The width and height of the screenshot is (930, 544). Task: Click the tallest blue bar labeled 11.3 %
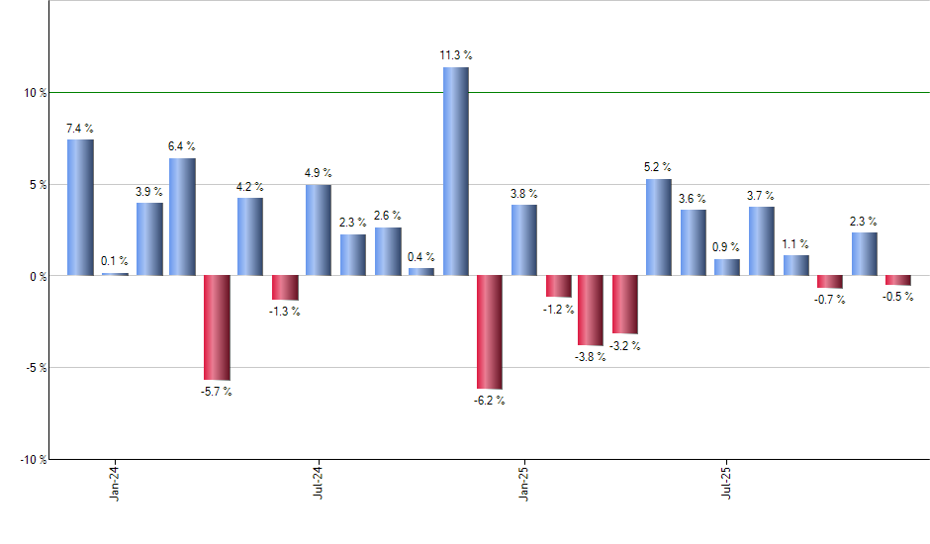(455, 171)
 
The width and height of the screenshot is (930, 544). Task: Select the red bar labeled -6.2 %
(490, 332)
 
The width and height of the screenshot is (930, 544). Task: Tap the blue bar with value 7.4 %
(80, 207)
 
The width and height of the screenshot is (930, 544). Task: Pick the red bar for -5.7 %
(217, 327)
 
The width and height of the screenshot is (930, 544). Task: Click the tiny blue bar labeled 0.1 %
(115, 274)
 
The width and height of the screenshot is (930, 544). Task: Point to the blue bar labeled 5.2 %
(658, 227)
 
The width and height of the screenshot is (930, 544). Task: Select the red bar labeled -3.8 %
(591, 311)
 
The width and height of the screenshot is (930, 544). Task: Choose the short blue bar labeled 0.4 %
(420, 271)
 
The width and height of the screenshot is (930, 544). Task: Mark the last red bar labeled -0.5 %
(897, 280)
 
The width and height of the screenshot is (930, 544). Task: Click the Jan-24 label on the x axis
(115, 481)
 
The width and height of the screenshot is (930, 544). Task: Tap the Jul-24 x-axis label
(318, 481)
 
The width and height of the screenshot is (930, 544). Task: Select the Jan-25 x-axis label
(522, 481)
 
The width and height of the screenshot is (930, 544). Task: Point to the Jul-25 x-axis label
(727, 481)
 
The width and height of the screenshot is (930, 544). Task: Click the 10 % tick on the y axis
(36, 93)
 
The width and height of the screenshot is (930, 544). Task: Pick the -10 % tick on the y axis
(34, 460)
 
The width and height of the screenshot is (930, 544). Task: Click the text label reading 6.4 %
(182, 146)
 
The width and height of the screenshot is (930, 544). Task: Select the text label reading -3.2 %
(624, 346)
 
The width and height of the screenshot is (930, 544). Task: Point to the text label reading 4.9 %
(318, 173)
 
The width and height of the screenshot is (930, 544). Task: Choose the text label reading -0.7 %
(830, 300)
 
